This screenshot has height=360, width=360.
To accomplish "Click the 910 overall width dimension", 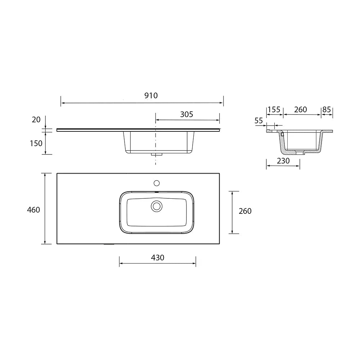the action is coord(151,95).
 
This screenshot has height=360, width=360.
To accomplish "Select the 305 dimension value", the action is coord(186,114).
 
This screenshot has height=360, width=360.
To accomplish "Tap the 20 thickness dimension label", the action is coord(36,120).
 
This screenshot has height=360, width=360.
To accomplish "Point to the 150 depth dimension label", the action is coord(36,144).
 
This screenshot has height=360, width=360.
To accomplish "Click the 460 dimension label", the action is coord(33,210).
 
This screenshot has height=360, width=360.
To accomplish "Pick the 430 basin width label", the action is coord(158,258).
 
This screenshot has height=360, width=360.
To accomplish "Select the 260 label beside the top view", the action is coord(245,211).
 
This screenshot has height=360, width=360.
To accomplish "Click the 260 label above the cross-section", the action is coord(301,109).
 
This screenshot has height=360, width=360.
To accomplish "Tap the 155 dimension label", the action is coord(274,109).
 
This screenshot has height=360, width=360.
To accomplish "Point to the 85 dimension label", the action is coord(327,109).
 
